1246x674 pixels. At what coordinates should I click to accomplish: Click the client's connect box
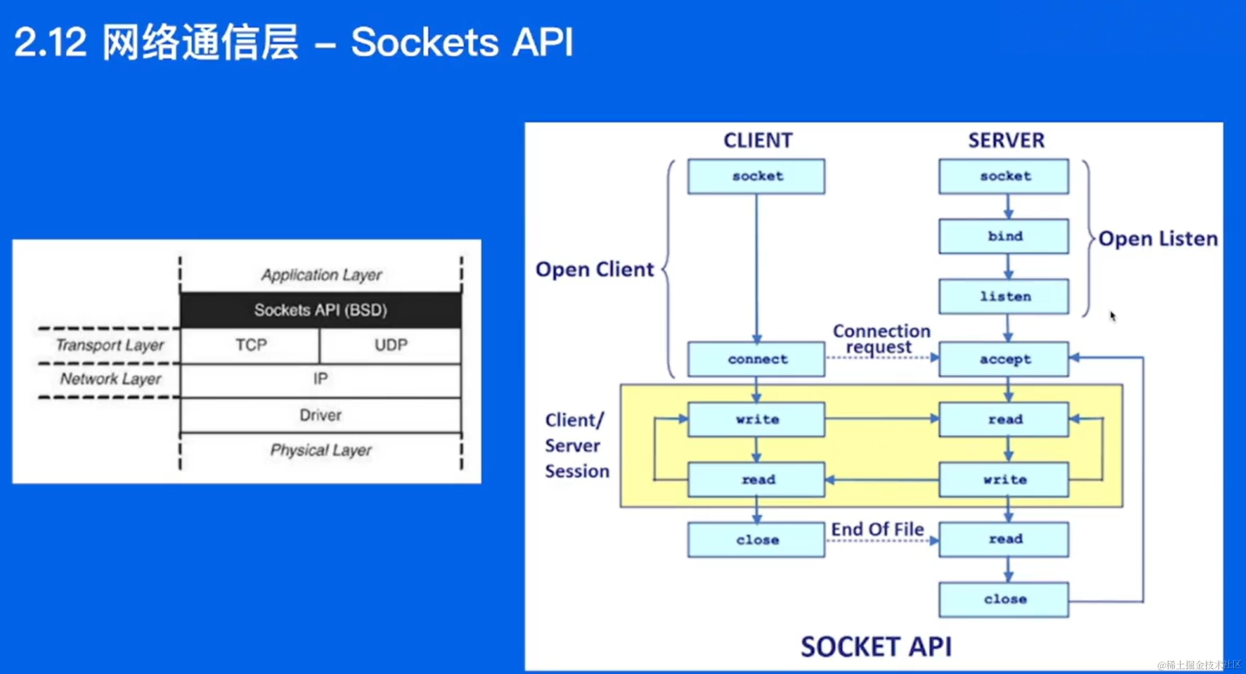click(756, 359)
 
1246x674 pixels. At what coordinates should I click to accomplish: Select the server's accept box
click(1004, 359)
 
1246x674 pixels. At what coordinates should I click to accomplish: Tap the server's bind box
click(1004, 236)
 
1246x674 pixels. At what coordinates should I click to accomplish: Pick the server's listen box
click(1004, 296)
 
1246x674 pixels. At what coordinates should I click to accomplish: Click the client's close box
click(756, 540)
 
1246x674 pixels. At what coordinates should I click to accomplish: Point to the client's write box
click(756, 419)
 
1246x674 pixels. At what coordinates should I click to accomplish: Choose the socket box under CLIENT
click(756, 176)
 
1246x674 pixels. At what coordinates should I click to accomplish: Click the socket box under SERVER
click(1004, 176)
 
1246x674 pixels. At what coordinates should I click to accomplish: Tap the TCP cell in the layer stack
click(250, 345)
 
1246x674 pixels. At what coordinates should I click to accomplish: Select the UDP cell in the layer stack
click(391, 345)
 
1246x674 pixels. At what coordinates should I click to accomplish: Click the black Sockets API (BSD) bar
click(321, 310)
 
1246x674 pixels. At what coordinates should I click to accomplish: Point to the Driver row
click(321, 415)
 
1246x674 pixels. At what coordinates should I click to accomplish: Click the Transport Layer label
click(110, 345)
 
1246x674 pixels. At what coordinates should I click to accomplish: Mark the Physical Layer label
click(321, 450)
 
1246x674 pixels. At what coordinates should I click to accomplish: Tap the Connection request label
click(881, 339)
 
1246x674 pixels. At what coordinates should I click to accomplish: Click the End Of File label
click(877, 529)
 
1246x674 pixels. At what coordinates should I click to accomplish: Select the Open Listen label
click(1158, 239)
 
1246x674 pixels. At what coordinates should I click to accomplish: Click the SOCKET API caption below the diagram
click(876, 647)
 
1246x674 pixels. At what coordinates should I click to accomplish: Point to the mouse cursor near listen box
click(1113, 316)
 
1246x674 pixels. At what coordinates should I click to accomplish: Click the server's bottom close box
click(1004, 599)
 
